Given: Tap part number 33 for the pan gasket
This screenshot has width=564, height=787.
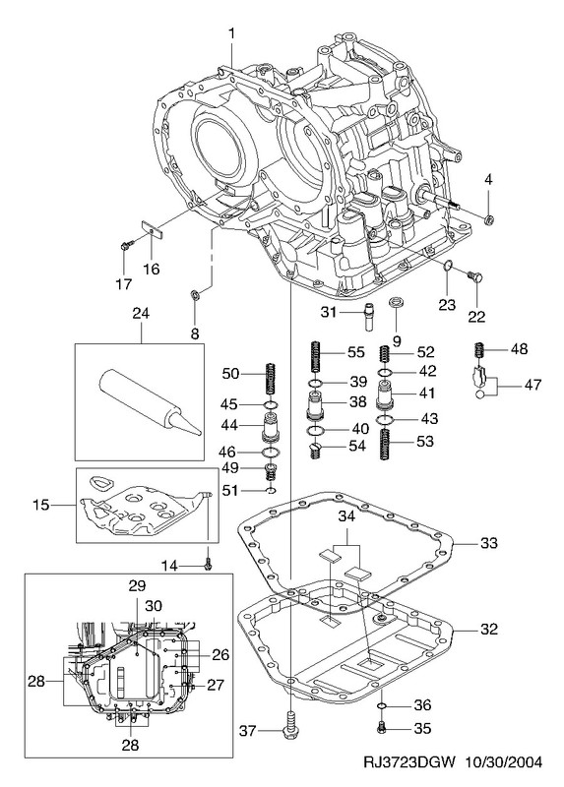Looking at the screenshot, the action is click(488, 543).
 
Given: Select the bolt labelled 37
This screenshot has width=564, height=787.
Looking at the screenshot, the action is click(290, 726).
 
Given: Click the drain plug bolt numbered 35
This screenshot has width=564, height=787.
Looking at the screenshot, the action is click(381, 726).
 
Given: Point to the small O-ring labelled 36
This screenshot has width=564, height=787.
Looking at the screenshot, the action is click(381, 706).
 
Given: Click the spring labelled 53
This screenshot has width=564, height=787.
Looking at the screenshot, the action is click(385, 445).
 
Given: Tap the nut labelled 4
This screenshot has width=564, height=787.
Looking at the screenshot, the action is click(488, 219).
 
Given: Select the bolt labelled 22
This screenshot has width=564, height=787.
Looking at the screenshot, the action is click(473, 276).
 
